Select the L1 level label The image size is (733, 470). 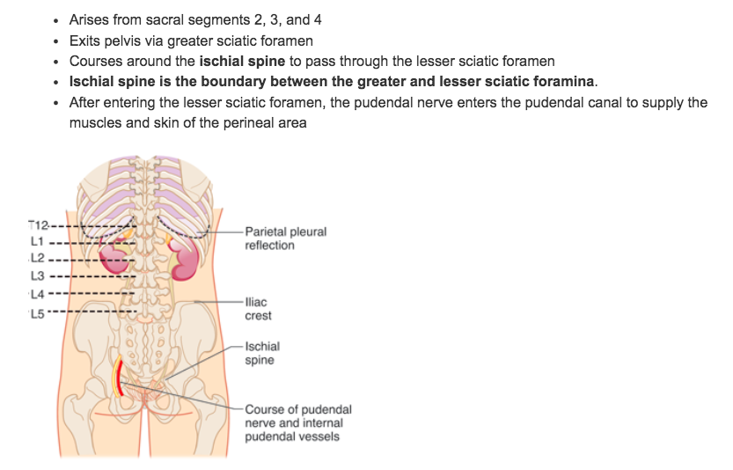36,241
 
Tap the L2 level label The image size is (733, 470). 36,258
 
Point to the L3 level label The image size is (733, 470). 36,275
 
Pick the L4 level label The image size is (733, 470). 36,293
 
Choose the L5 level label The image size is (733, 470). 36,311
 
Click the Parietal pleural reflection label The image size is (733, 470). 285,239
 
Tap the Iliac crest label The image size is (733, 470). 258,308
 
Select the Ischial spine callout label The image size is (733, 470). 262,353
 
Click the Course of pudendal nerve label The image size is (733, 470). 297,422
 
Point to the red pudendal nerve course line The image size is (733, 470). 117,377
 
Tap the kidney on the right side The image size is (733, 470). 186,258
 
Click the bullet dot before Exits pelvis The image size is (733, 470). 57,41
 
